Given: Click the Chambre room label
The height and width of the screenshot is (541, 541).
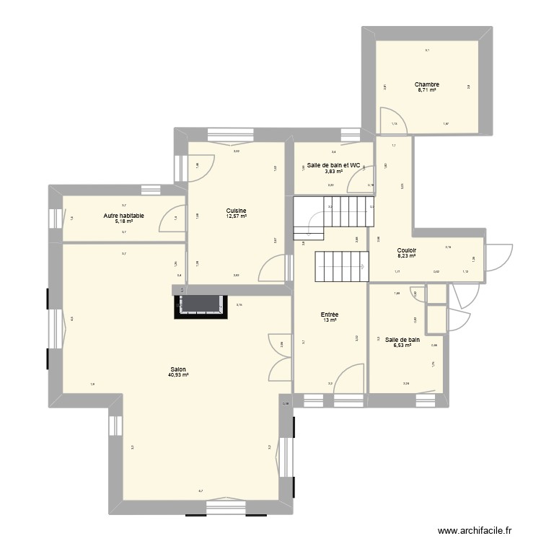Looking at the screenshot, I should coord(427,84).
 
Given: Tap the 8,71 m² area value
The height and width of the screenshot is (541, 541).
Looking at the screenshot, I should coord(427,91).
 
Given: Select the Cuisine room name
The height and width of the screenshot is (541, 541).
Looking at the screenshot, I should coord(236,210).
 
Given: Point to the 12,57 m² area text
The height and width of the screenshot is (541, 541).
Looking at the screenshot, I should coord(236,216).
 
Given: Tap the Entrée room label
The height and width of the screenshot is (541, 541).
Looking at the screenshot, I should coord(330,314).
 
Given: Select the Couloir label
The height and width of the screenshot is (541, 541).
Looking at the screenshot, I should coord(407,252).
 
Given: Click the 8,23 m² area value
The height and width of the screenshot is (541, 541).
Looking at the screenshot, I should coord(407,258).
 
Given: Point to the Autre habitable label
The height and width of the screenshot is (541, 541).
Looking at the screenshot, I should coord(123,215).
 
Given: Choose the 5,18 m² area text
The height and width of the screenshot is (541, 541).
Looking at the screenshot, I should coord(123,221).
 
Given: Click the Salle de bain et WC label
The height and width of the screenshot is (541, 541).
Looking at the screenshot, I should coord(333,165).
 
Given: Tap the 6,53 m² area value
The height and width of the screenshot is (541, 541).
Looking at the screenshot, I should coord(402,346).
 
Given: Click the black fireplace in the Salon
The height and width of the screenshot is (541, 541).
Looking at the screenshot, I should coord(200,306).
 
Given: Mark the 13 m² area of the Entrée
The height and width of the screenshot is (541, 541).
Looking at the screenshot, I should coord(330,320).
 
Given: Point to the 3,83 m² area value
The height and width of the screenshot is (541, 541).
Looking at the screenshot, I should coord(333,172).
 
